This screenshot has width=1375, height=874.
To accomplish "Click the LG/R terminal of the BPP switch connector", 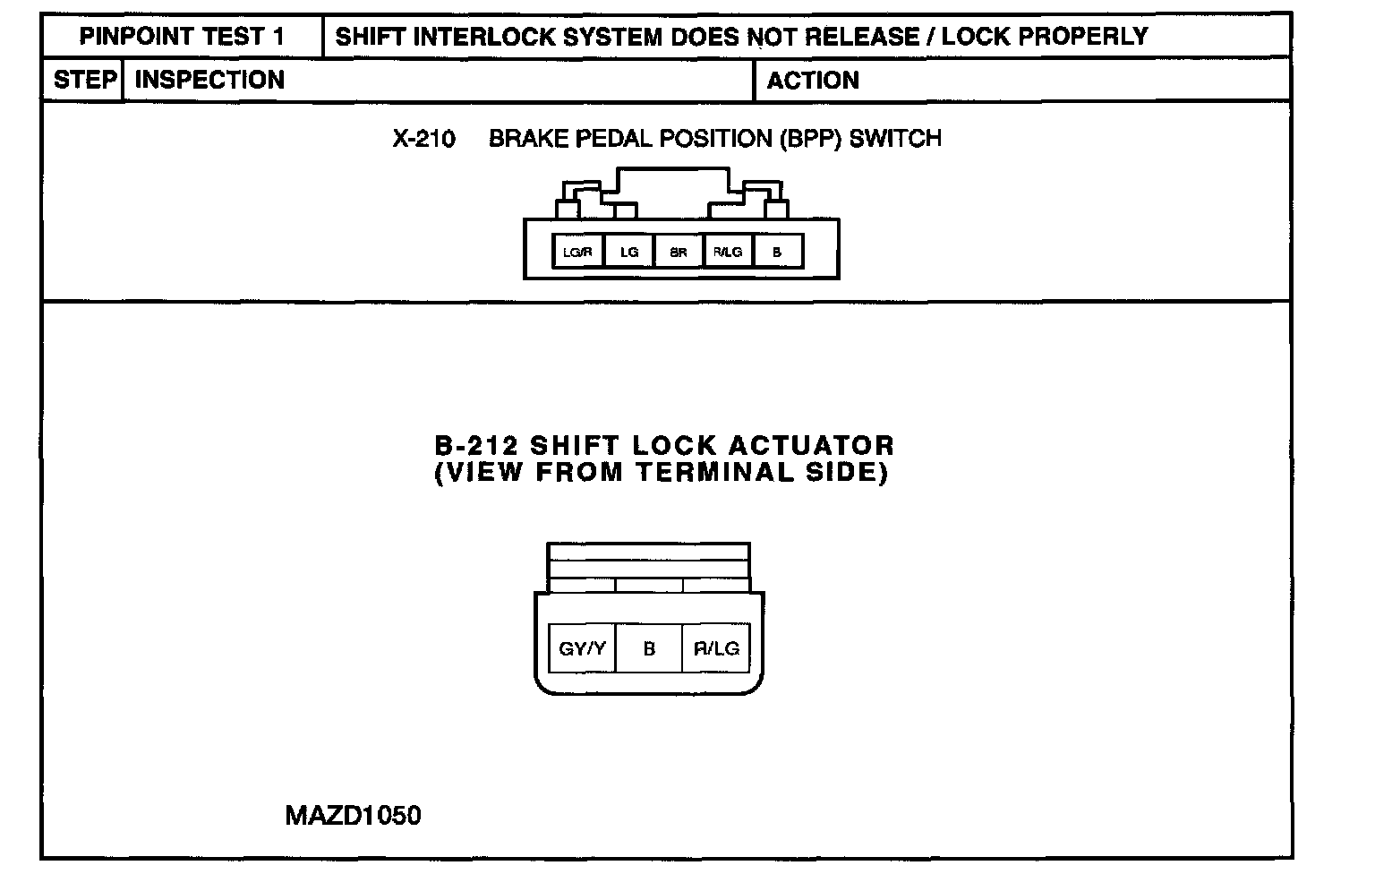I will point(578,253).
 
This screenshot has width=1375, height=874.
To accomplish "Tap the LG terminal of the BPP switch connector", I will point(629,253).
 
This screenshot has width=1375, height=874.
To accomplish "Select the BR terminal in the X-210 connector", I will point(679,253).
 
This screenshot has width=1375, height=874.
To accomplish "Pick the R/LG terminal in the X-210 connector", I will point(728,253).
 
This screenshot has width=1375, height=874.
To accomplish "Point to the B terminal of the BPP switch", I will point(777,253).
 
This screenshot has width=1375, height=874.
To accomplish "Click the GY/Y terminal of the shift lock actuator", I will point(582,648).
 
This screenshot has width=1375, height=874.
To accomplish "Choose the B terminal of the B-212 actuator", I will point(649,648).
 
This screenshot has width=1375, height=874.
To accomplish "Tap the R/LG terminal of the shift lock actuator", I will point(716,648).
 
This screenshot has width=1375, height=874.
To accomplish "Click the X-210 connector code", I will point(423,139).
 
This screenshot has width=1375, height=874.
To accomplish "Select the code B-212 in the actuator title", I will point(477,446).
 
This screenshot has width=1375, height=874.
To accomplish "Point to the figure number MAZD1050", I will point(353,816).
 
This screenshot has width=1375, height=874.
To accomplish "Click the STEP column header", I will point(84,80).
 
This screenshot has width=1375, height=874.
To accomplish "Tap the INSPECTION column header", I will point(209,80).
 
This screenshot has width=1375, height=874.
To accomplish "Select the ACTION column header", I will point(812,81).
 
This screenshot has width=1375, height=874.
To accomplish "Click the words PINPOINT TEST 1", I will point(182,37).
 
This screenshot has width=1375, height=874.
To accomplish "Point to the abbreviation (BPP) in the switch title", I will point(809,139).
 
